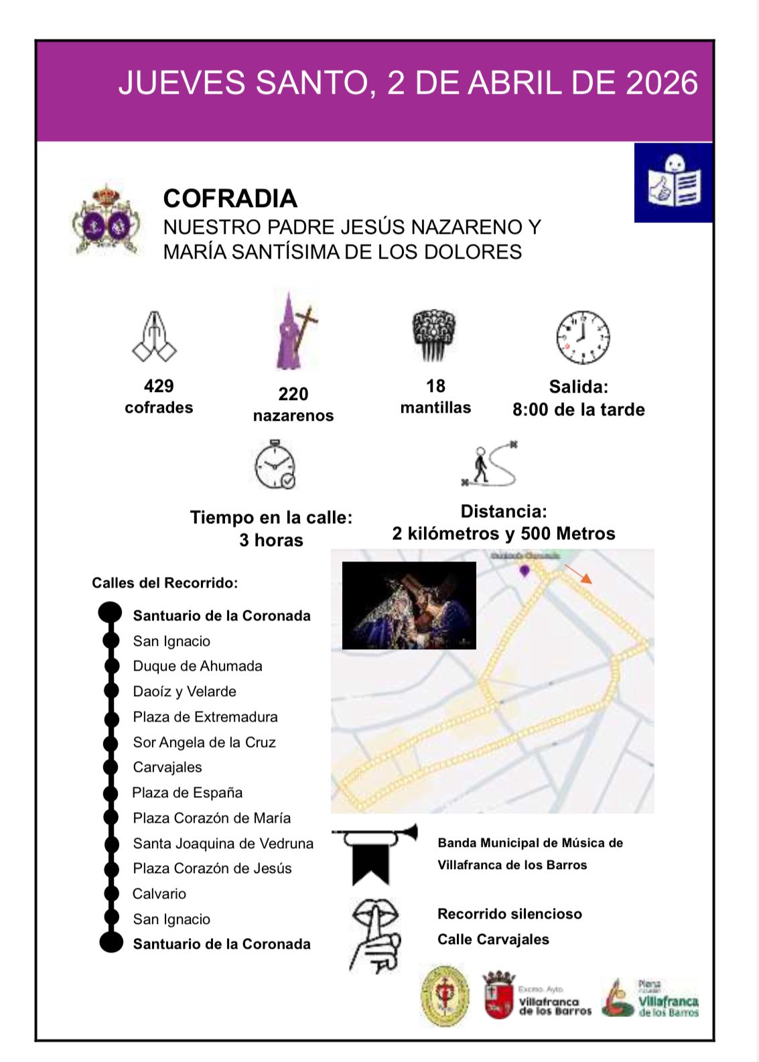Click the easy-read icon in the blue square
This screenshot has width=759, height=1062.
pos(674,182)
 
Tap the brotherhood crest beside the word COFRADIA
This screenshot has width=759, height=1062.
pos(107,220)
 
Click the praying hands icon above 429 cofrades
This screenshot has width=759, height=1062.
pos(155,336)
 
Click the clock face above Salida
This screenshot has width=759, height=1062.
pos(583,337)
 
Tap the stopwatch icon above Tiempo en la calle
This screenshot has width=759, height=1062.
pos(275,465)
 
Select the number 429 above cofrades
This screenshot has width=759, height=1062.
pos(159,386)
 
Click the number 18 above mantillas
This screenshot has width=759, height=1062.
pos(435,386)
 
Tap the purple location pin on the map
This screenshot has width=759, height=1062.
pos(525,570)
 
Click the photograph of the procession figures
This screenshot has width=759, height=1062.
pos(409,606)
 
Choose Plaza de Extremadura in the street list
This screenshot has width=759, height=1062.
pos(205,717)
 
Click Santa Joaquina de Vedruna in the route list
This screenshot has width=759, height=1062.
pos(223,844)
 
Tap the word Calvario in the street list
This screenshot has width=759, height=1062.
pos(159,894)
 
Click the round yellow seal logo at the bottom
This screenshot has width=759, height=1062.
pos(444,996)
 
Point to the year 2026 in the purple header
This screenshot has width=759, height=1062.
pos(662,83)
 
